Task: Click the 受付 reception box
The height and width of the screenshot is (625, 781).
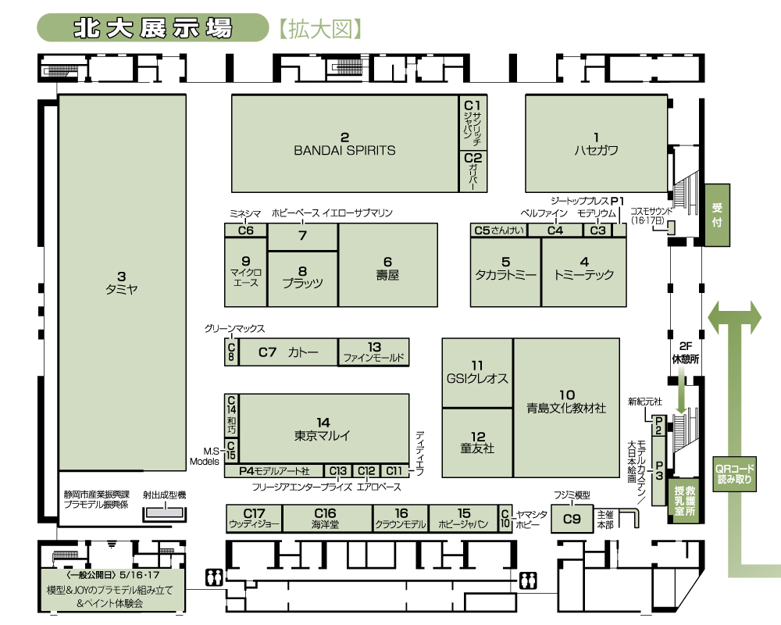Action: pos(717,215)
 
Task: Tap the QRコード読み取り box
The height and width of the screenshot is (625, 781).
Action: pos(735,474)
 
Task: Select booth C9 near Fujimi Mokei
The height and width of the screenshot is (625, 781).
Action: pos(572,519)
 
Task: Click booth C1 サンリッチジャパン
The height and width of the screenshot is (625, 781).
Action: pos(473,122)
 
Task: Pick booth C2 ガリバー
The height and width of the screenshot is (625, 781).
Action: pos(473,171)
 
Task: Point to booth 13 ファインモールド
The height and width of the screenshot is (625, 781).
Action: pos(373,352)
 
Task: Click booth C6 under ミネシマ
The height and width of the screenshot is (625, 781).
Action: pos(246,230)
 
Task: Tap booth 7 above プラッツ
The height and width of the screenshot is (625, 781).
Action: pos(303,237)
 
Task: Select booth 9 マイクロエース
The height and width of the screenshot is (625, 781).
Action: pos(246,272)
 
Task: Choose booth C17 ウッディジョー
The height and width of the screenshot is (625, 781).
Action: pos(255,518)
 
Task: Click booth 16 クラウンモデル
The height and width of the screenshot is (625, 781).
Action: pos(401,518)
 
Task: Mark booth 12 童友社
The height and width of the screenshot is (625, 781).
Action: pos(478,443)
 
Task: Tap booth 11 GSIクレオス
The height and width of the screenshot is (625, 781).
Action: pos(478,373)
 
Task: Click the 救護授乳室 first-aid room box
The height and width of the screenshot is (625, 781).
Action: pos(685,501)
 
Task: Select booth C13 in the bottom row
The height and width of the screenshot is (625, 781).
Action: pos(338,471)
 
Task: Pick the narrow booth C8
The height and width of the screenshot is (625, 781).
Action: pos(231,352)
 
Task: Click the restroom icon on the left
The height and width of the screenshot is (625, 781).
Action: pos(214,577)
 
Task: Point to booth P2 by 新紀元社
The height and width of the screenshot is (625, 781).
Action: pos(658,426)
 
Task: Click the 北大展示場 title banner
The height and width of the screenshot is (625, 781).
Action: pos(153,28)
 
